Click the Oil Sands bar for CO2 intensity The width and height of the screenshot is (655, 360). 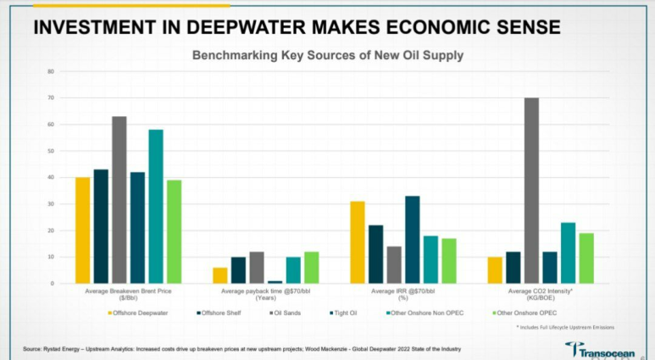coord(531,190)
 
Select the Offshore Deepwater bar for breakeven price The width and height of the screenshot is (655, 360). coord(82,230)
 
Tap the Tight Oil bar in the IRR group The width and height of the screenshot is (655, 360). coord(414,240)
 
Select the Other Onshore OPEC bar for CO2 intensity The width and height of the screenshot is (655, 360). coord(586,258)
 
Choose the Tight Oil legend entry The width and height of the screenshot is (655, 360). coord(345,313)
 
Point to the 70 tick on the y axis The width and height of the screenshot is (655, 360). coord(50,98)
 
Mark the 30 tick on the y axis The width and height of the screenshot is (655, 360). coord(50,204)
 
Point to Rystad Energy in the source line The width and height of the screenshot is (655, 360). coord(67,349)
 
